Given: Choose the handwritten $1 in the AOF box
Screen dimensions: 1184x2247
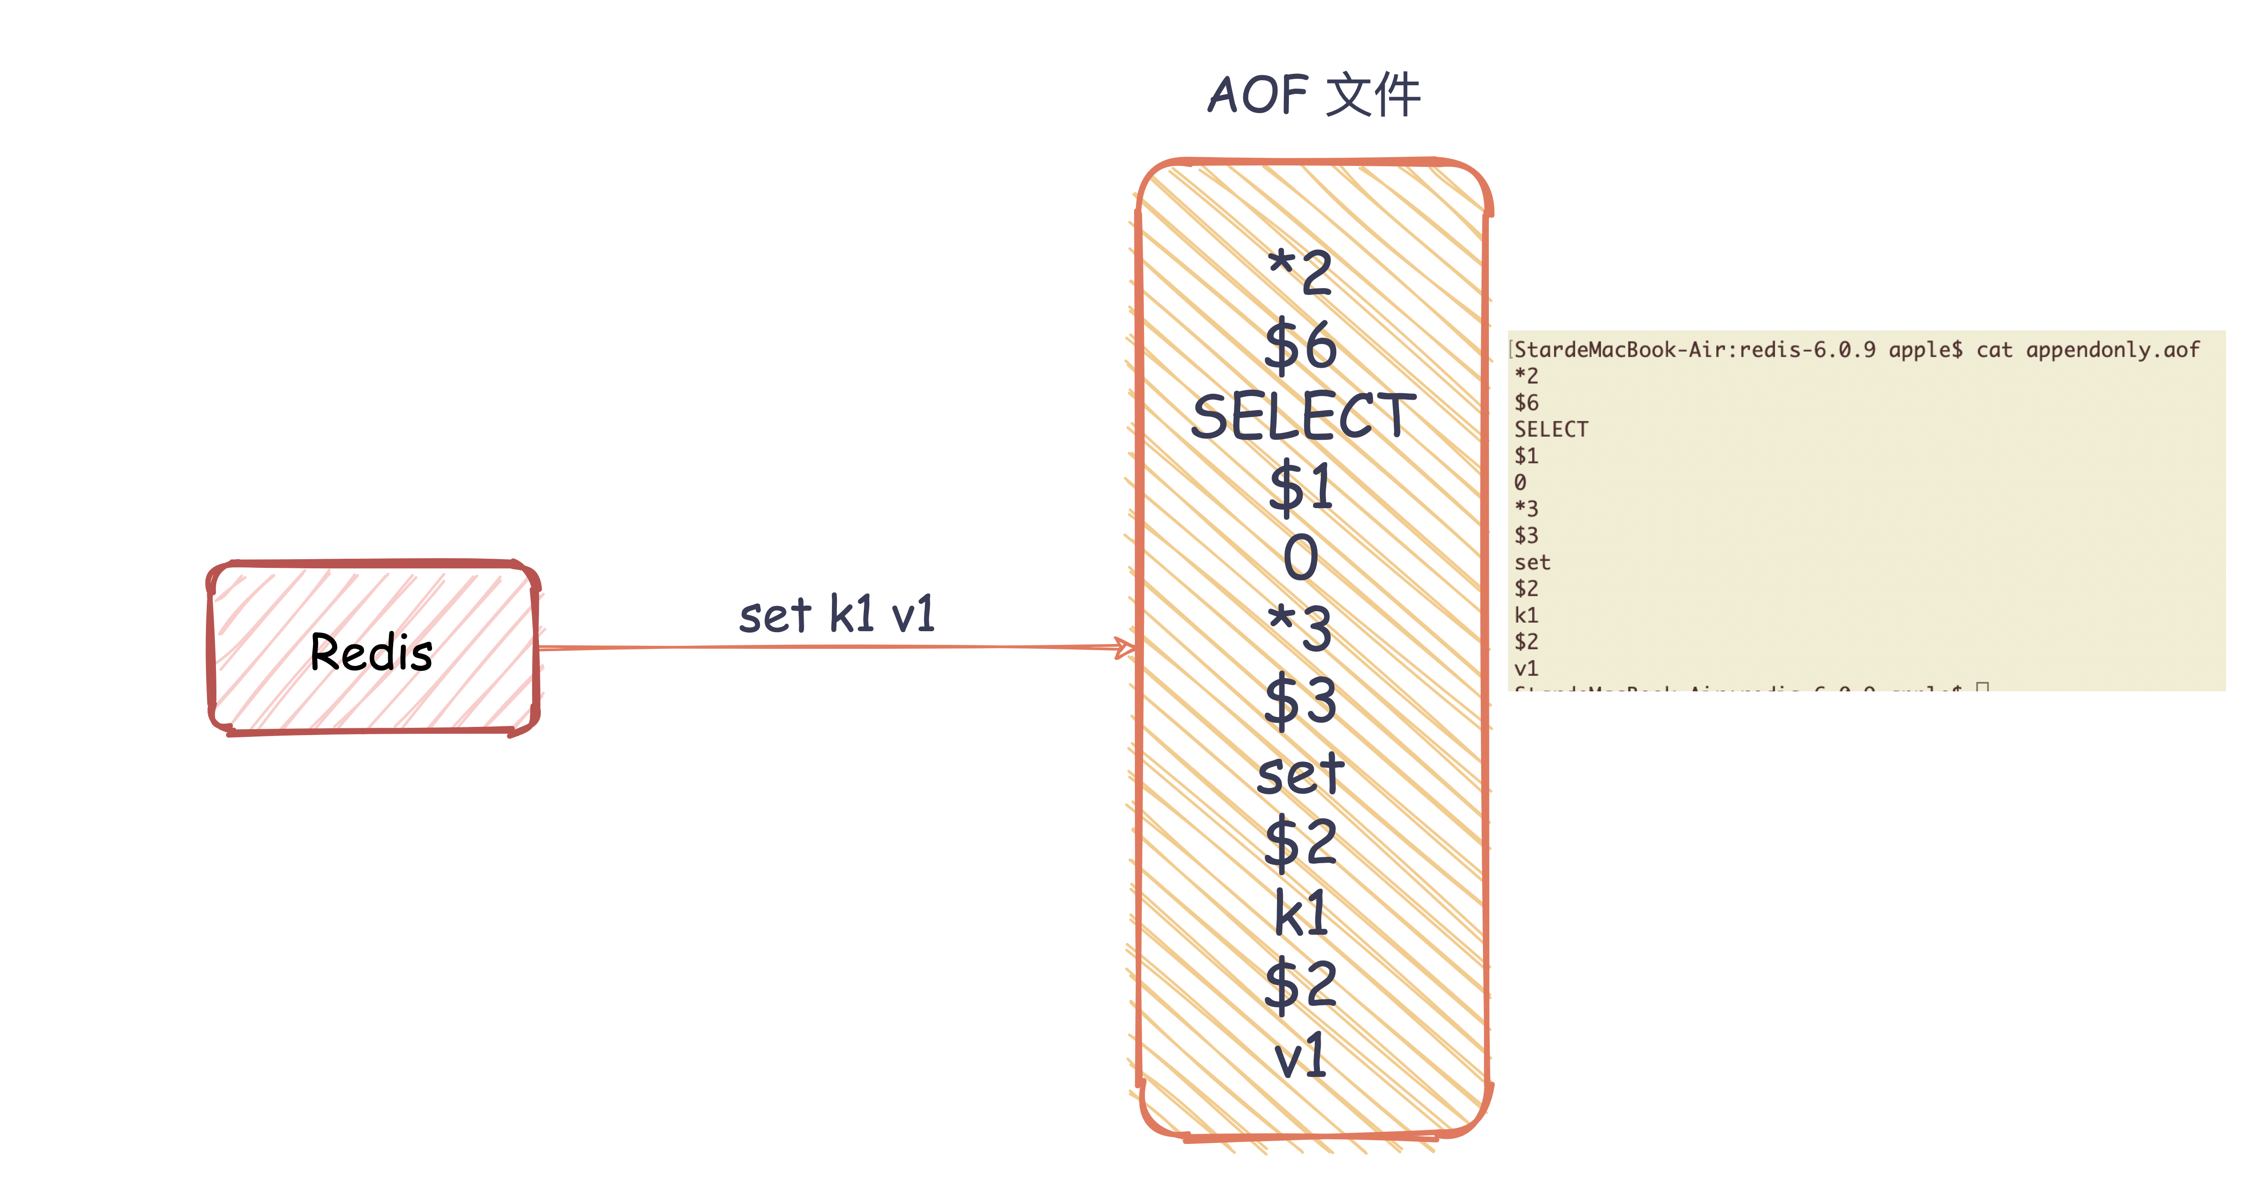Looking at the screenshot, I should click(1300, 487).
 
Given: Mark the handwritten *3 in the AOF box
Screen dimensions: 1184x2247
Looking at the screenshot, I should click(1300, 628).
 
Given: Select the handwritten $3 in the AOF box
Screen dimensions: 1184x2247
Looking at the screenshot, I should click(1300, 700).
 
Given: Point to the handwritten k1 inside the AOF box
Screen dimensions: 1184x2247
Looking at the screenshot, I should click(1300, 913).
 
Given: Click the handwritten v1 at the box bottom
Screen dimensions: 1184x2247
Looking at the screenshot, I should click(1300, 1056).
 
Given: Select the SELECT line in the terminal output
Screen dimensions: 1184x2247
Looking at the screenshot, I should click(1551, 429).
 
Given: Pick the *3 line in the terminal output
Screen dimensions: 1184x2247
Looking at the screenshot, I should click(1527, 509).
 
